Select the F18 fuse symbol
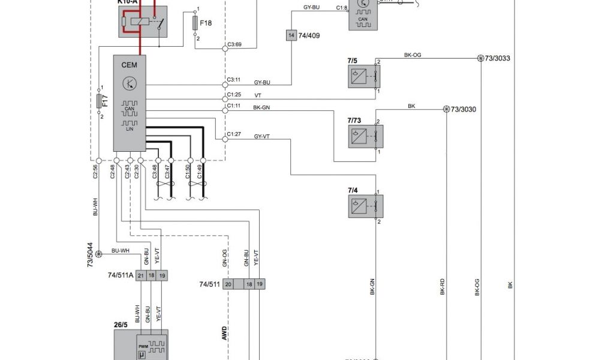[195, 23]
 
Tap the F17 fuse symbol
[100, 100]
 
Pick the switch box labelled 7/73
[362, 136]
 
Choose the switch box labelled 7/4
[362, 206]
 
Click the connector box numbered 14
[291, 35]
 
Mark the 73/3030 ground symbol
[446, 109]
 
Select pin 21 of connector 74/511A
[141, 275]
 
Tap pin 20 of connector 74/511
[228, 284]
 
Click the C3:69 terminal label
[234, 44]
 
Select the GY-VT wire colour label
[262, 137]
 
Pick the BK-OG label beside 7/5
[413, 55]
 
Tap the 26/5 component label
[121, 325]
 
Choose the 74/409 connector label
[309, 35]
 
